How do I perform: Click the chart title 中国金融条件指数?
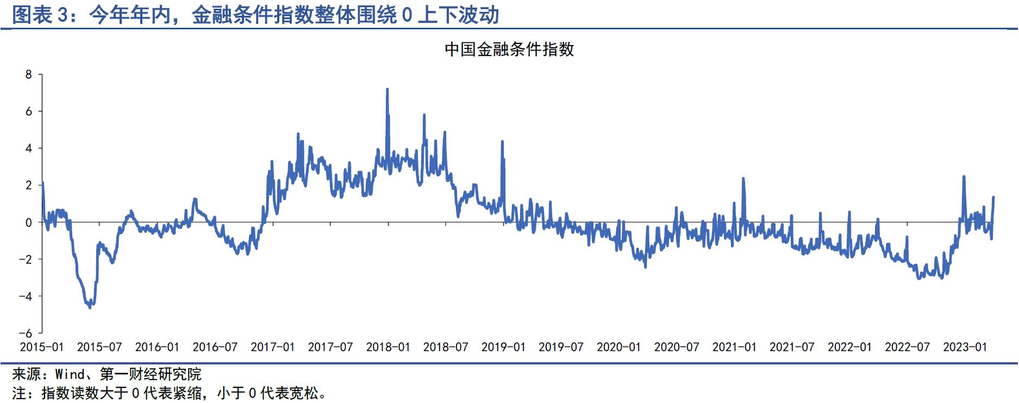point(509,49)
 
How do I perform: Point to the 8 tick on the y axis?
point(29,74)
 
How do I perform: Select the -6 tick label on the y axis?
point(26,333)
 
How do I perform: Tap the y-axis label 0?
point(29,222)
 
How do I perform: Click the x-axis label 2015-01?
point(42,347)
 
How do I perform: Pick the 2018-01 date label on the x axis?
point(388,347)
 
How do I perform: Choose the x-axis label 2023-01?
point(965,347)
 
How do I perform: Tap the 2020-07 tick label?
point(677,347)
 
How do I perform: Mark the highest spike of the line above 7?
point(387,90)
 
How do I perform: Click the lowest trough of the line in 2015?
point(90,307)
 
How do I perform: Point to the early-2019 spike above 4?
point(502,142)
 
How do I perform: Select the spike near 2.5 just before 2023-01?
point(964,177)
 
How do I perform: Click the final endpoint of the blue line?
point(993,198)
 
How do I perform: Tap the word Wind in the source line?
point(70,374)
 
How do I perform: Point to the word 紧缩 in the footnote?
point(189,393)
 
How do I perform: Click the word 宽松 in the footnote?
point(304,393)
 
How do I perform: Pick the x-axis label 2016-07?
point(215,347)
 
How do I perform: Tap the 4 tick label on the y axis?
point(29,148)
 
